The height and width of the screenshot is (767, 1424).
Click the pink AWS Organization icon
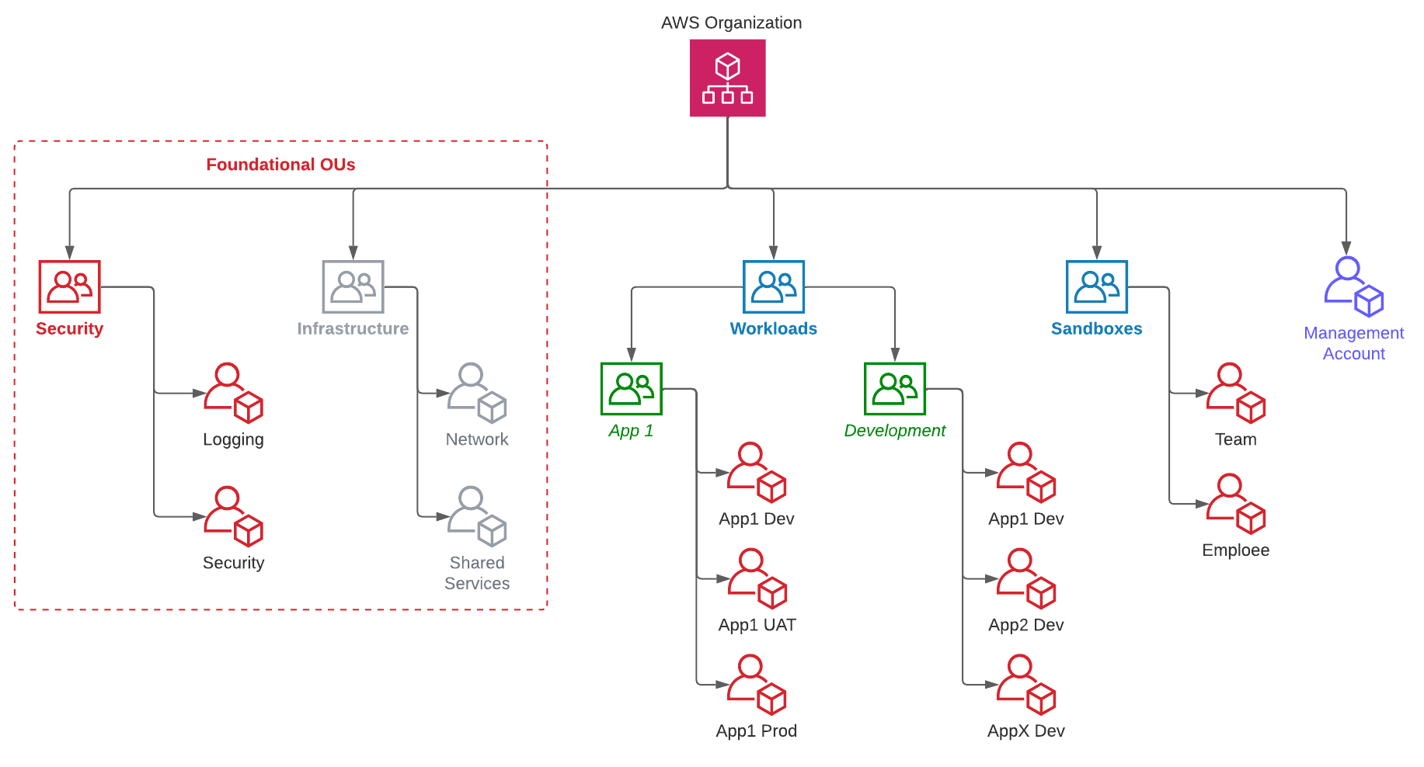coord(727,78)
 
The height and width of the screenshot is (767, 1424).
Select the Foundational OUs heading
coord(280,165)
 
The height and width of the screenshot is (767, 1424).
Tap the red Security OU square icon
coord(70,286)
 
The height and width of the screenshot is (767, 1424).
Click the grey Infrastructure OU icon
coord(353,286)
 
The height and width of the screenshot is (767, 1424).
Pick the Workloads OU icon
coord(773,286)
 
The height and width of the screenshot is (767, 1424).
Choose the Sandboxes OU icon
coord(1096,286)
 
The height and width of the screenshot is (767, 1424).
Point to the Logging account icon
coord(233,393)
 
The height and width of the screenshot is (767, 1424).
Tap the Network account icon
coord(477,393)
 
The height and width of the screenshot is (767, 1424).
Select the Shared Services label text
coord(477,573)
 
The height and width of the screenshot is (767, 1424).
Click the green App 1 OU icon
coord(631,388)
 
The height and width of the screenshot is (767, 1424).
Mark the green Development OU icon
coord(895,388)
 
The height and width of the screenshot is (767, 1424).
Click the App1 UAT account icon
coord(757,578)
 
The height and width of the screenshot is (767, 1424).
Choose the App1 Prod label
coord(757,731)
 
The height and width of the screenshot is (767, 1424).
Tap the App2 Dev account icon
coord(1026,578)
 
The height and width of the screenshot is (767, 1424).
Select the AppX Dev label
coord(1026,731)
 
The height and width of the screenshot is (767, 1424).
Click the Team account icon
coord(1235,393)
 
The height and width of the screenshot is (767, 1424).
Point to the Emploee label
coord(1235,550)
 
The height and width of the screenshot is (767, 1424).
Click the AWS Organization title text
coord(731,23)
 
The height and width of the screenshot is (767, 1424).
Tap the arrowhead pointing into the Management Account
coord(1346,248)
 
